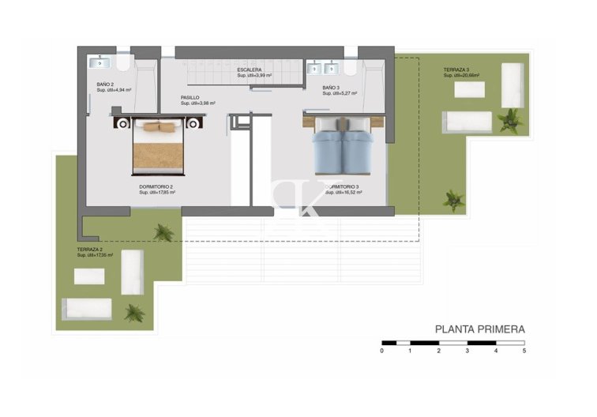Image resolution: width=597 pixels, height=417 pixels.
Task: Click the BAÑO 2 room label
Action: pos(106,84)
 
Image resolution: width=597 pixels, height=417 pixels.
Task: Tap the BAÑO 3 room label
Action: pos(331,88)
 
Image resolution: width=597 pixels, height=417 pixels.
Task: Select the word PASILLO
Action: pos(190,98)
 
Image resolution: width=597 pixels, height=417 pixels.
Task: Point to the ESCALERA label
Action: pos(250,70)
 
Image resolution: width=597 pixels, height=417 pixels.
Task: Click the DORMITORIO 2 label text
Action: pos(156,187)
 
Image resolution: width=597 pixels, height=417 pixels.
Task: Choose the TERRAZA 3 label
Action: pos(456,70)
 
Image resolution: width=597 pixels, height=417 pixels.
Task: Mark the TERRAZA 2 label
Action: pos(90,250)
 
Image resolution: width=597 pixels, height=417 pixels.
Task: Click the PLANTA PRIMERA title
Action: pos(480,329)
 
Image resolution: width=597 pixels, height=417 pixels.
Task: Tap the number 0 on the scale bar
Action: pos(381,350)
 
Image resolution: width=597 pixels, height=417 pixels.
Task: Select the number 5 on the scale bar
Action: pos(524,350)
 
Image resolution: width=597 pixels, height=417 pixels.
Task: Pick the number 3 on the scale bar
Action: pos(467,350)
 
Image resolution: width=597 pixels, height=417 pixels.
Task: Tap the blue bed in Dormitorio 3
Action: pos(344,146)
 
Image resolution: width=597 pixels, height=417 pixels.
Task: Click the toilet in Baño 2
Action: pos(125,62)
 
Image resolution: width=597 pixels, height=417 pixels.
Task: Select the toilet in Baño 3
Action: pos(348,66)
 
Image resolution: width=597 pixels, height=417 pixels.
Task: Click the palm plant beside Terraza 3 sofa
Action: pos(510,120)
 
